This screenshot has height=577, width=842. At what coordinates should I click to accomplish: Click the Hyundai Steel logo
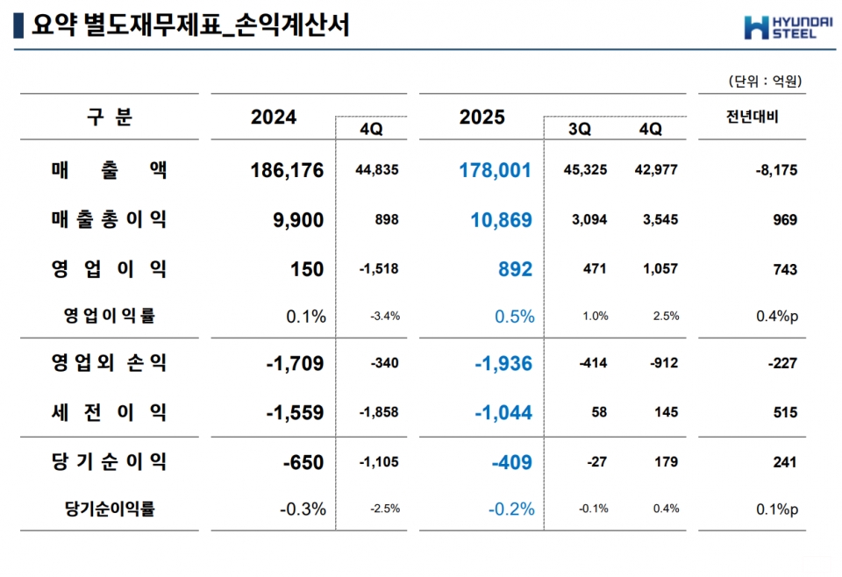click(x=780, y=27)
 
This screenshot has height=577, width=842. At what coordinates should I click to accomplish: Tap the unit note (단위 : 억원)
click(x=765, y=82)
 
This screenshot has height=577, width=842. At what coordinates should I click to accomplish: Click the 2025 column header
click(x=482, y=118)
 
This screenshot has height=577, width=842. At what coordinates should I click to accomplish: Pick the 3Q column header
click(x=580, y=129)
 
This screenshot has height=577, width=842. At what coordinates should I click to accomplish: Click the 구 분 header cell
click(x=109, y=117)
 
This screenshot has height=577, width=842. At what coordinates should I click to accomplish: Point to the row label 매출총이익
click(x=109, y=219)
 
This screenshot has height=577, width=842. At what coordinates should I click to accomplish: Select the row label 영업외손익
click(x=109, y=362)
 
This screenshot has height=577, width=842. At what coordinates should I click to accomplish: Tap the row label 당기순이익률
click(x=110, y=509)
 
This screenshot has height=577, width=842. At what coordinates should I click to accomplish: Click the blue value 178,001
click(x=496, y=170)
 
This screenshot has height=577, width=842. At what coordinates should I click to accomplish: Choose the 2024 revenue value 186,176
click(x=287, y=170)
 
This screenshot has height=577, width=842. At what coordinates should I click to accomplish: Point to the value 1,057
click(x=660, y=268)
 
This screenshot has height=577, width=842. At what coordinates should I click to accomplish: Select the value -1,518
click(x=379, y=268)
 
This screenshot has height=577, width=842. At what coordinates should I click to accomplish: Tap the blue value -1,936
click(x=503, y=363)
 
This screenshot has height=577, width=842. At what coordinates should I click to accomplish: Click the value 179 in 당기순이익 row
click(x=666, y=461)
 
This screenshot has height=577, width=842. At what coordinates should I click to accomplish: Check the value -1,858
click(x=379, y=411)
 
